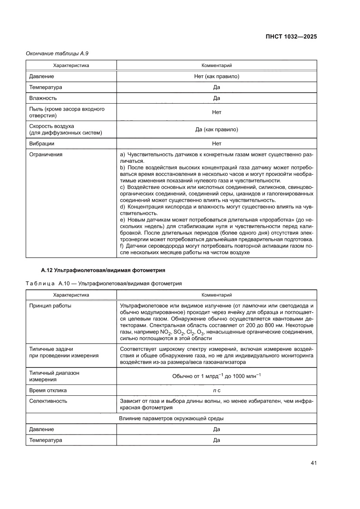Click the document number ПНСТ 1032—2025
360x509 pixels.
coord(291,37)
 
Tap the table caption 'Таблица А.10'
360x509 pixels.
coord(104,283)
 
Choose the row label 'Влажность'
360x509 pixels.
coord(43,98)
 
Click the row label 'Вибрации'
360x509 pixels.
coord(41,143)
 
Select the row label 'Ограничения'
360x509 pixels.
coord(45,154)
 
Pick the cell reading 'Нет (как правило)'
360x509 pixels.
coord(216,76)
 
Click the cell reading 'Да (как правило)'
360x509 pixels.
coord(216,129)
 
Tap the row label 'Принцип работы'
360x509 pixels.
coord(50,306)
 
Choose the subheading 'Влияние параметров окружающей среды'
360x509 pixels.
coord(172,418)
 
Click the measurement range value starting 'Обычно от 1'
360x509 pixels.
coord(216,376)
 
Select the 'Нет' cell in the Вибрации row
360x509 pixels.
coord(216,143)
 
